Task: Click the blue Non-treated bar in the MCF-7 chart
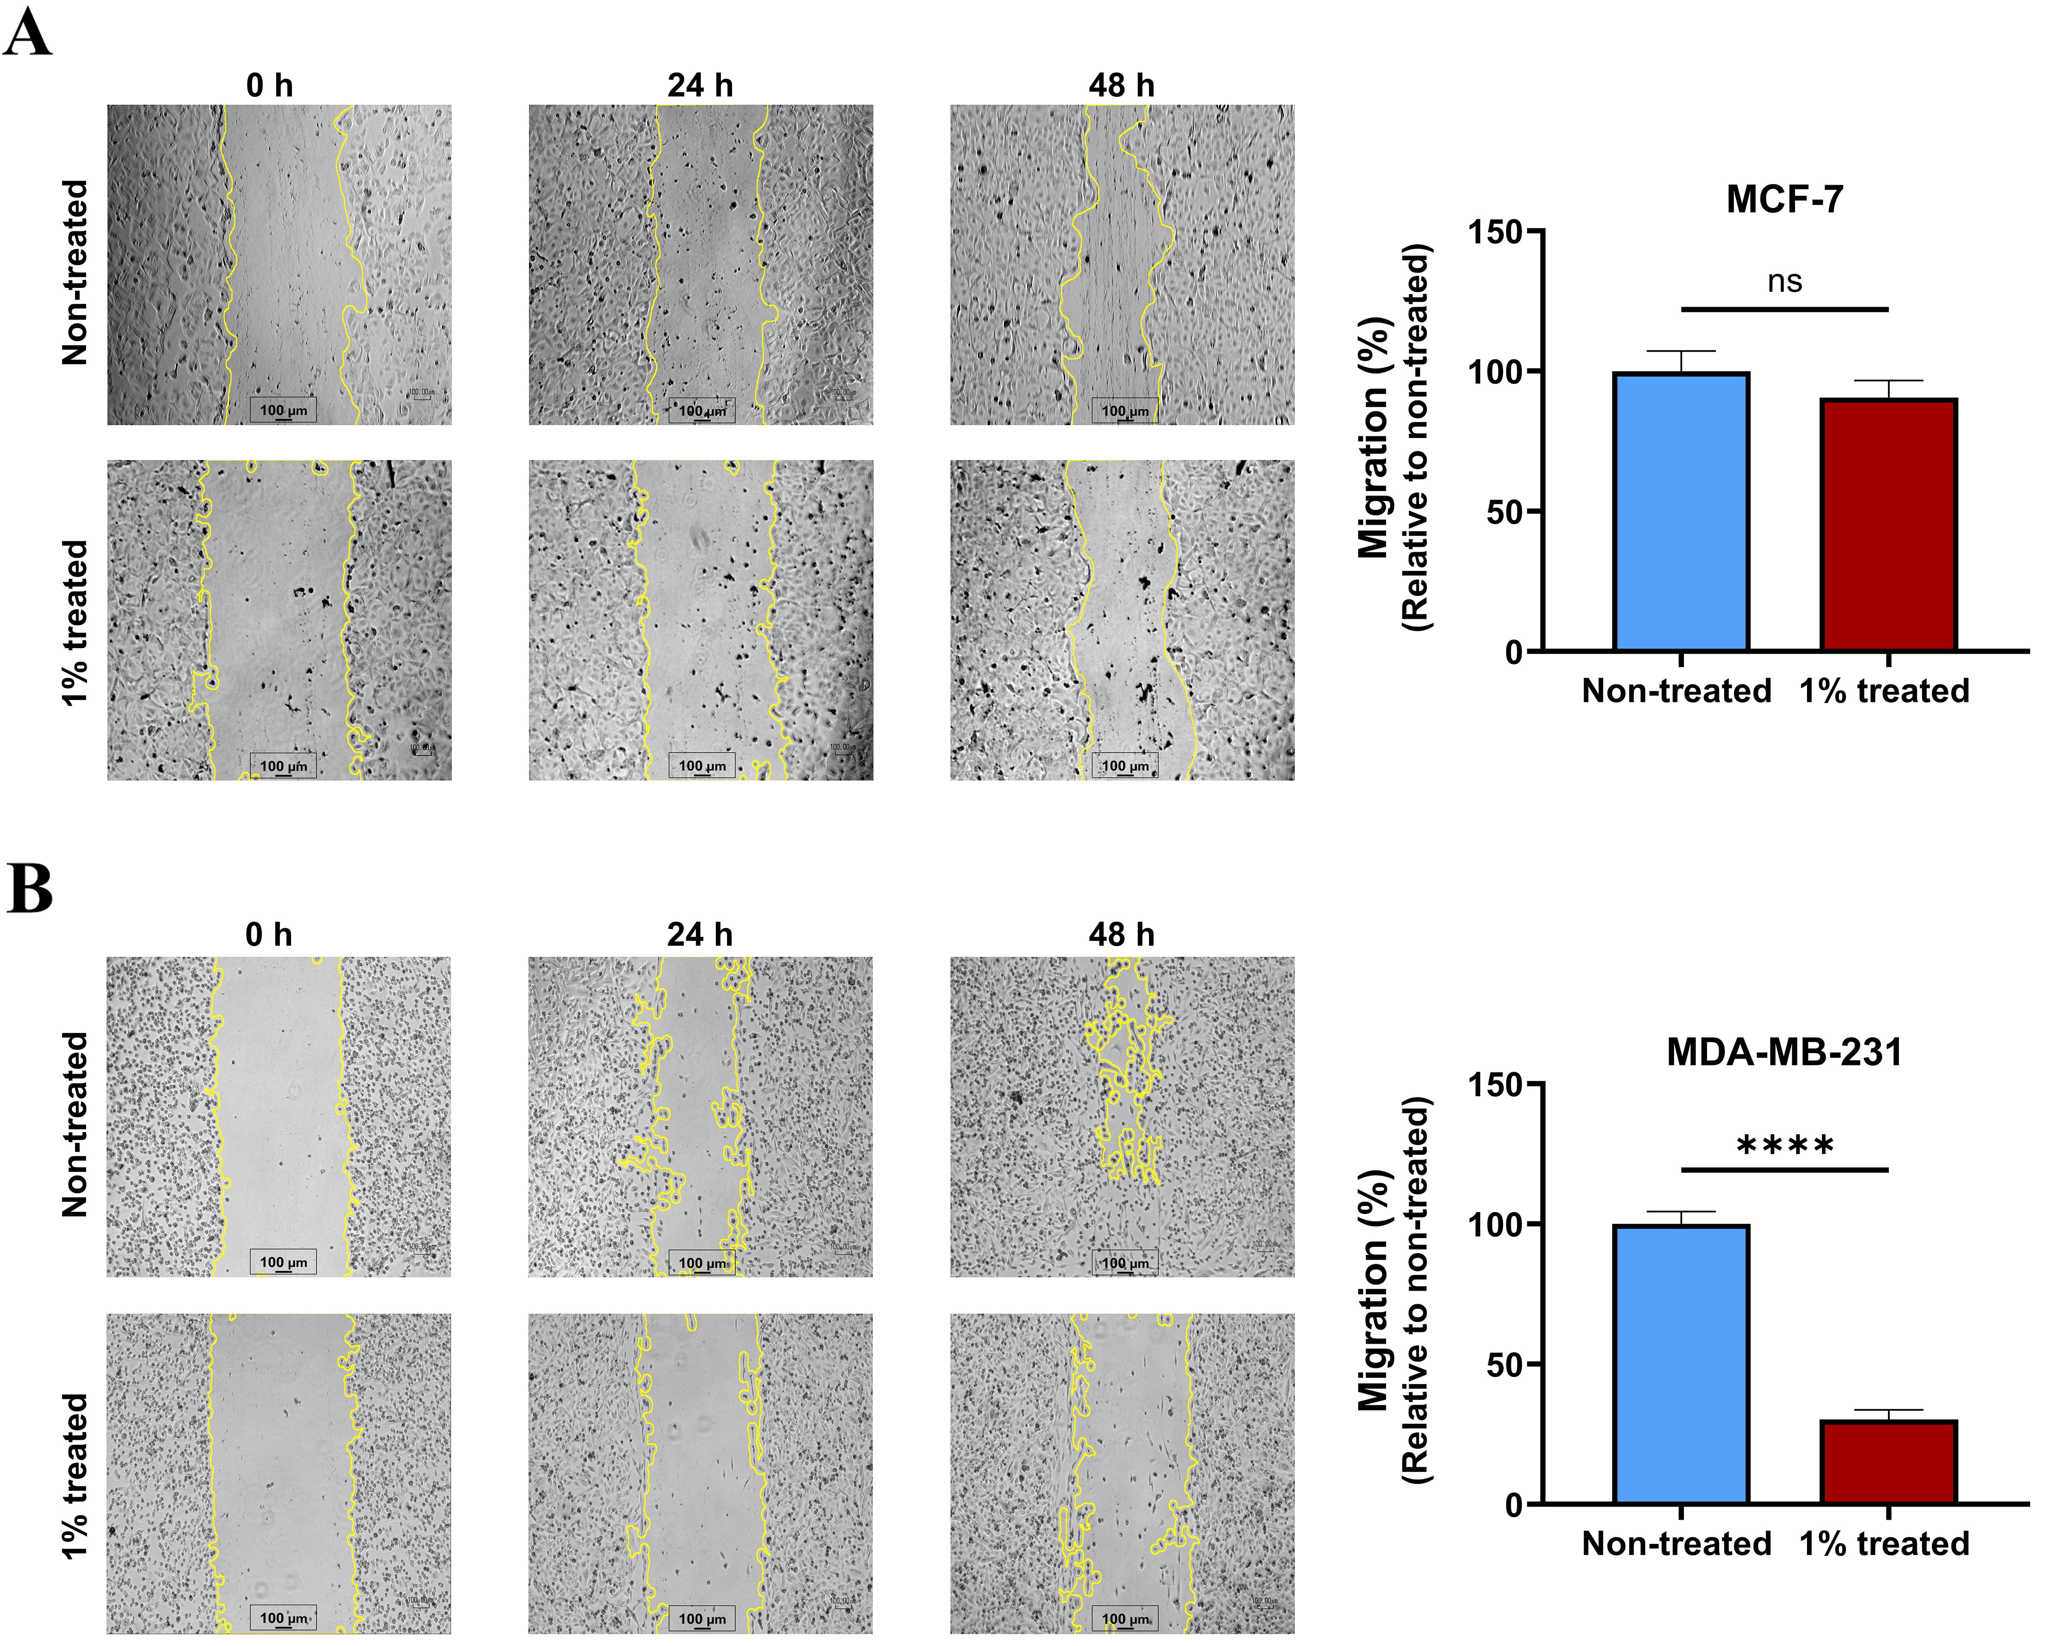tap(1681, 512)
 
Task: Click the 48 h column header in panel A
tap(1121, 85)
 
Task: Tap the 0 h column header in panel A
tap(270, 85)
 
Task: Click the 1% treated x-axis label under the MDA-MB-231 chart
tap(1885, 1544)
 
